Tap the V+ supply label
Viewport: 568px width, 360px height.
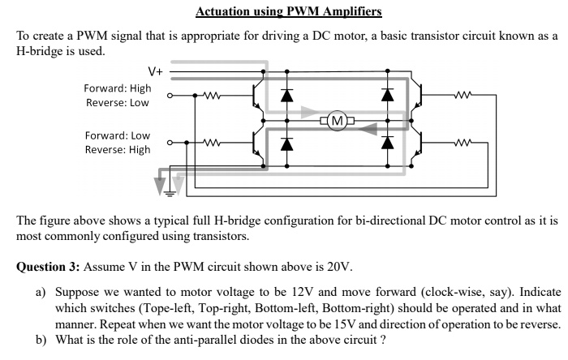(154, 71)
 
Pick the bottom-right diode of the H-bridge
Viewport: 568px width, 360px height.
(387, 143)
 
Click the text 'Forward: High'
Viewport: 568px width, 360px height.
(118, 88)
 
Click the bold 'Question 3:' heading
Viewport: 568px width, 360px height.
(54, 267)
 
